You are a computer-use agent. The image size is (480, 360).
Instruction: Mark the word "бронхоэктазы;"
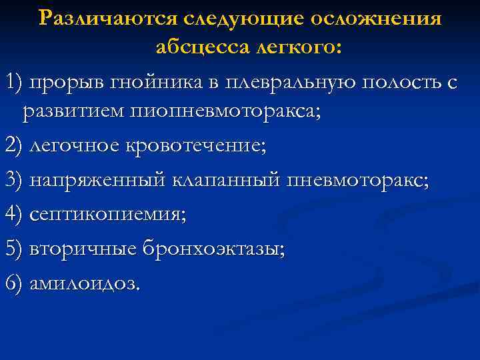(213, 249)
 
